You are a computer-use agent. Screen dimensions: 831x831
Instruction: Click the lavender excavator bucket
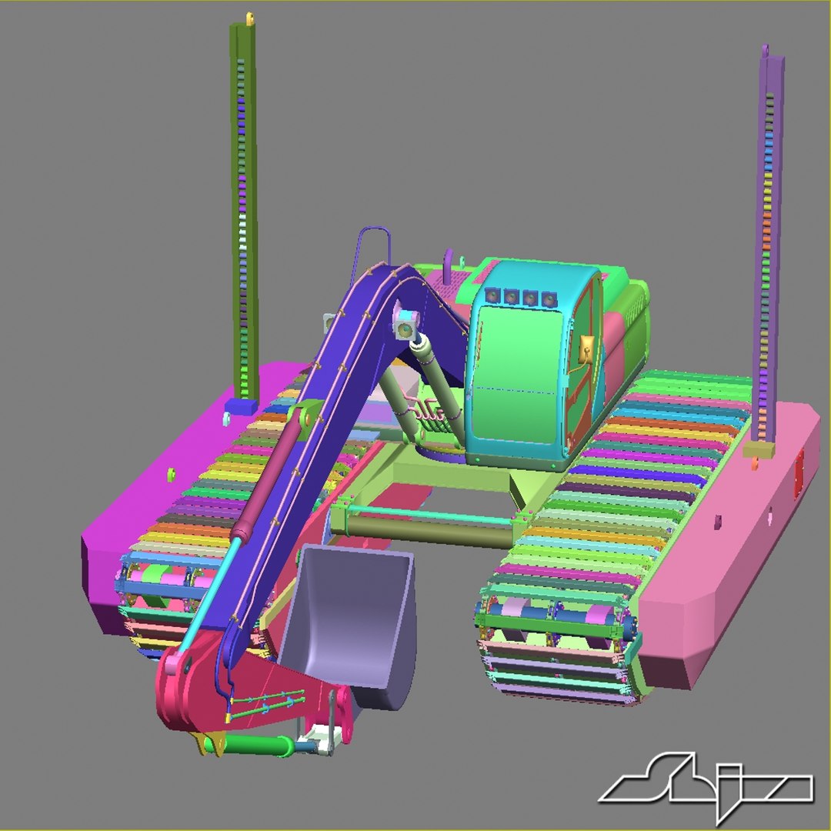coord(350,616)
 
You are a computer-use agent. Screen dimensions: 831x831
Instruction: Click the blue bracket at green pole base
coord(242,406)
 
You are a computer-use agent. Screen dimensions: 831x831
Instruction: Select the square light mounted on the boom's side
coord(404,327)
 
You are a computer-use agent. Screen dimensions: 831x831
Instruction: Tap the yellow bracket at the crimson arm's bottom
coord(212,743)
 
